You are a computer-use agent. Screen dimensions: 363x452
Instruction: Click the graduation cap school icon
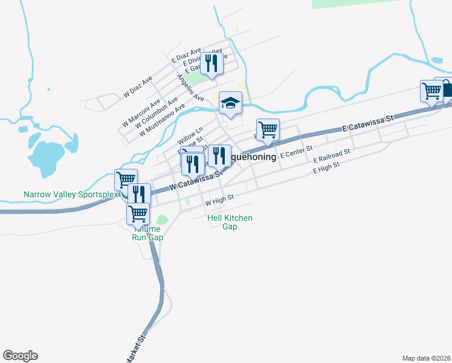[230, 103]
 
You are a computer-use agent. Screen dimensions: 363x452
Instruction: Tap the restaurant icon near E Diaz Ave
[211, 63]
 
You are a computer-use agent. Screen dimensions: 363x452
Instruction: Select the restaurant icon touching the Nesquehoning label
[220, 156]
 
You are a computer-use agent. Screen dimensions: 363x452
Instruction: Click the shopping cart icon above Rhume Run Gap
[138, 214]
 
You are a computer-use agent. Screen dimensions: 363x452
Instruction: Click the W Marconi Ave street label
[141, 110]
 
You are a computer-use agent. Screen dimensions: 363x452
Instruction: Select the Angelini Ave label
[190, 88]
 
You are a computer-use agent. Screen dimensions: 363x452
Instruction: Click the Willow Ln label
[191, 136]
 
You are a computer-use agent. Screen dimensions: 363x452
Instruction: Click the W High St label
[219, 199]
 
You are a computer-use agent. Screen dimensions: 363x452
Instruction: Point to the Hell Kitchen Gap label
[230, 222]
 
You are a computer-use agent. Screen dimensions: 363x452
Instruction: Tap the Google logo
[20, 356]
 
